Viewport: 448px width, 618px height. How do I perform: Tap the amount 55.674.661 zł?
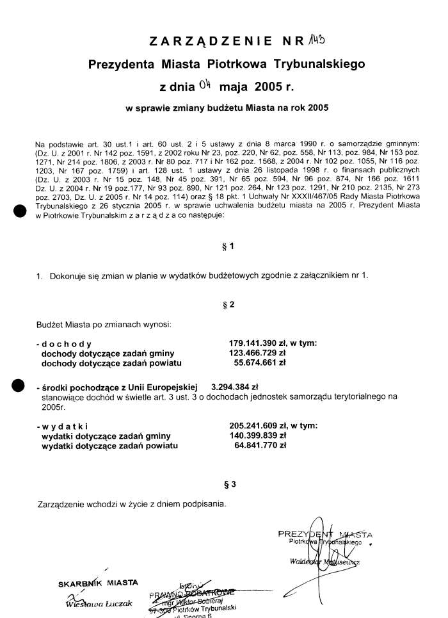click(260, 362)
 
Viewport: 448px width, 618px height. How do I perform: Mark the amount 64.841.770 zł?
click(260, 445)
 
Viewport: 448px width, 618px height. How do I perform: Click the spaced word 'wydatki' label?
click(63, 426)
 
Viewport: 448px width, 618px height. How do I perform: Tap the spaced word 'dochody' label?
click(65, 343)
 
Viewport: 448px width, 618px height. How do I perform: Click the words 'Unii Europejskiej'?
click(164, 387)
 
